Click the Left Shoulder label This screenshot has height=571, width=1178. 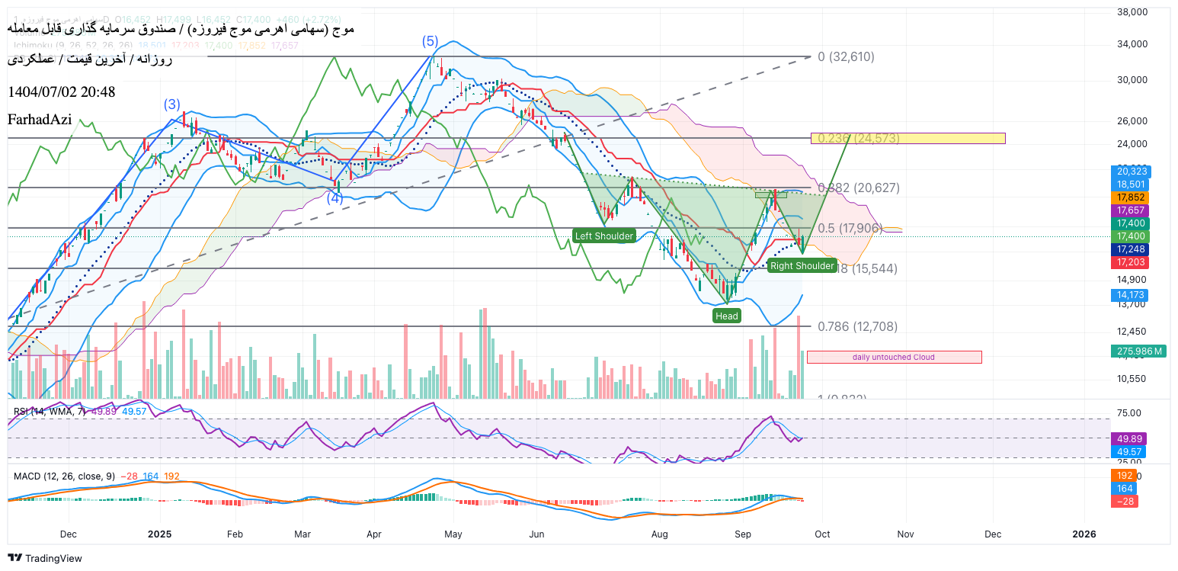604,236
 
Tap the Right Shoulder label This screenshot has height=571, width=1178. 802,266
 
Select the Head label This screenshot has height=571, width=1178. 726,316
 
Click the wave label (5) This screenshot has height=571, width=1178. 431,41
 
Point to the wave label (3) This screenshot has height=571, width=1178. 172,104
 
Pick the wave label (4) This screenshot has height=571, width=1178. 335,198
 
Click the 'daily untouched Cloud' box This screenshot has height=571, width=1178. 894,357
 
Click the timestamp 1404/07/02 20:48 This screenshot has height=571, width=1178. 61,92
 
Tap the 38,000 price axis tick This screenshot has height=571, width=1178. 1132,12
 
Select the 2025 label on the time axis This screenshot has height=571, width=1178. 159,534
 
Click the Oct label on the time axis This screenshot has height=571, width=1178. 822,534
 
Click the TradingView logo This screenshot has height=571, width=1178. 46,559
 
